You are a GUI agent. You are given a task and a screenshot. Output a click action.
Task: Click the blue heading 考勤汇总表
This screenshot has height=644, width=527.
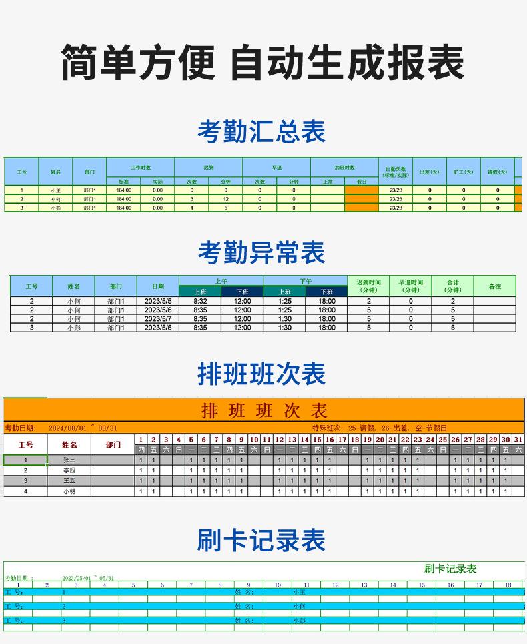pyautogui.click(x=261, y=131)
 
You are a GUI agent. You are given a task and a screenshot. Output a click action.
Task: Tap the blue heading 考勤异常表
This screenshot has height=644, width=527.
pyautogui.click(x=261, y=252)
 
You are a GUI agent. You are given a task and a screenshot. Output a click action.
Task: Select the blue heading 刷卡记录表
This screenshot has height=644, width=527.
pyautogui.click(x=261, y=540)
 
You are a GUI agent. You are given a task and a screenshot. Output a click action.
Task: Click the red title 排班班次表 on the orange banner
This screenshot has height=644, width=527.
pyautogui.click(x=264, y=410)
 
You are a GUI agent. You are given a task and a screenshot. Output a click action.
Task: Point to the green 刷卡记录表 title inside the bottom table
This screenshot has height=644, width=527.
pyautogui.click(x=450, y=569)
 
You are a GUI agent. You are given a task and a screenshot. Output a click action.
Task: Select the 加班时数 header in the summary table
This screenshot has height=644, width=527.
pyautogui.click(x=344, y=168)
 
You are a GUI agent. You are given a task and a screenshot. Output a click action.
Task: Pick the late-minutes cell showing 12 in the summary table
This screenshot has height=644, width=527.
pyautogui.click(x=225, y=199)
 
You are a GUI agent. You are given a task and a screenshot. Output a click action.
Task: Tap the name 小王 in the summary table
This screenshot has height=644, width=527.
pyautogui.click(x=55, y=190)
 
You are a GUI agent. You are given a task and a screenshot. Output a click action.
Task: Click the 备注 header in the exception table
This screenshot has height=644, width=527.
pyautogui.click(x=494, y=286)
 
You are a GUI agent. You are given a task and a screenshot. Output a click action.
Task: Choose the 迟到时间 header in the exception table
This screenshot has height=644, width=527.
pyautogui.click(x=368, y=286)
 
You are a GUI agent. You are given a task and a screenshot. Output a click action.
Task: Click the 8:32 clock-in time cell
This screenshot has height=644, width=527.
pyautogui.click(x=200, y=301)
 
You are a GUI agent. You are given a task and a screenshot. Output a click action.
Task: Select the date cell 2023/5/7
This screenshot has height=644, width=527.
pyautogui.click(x=158, y=319)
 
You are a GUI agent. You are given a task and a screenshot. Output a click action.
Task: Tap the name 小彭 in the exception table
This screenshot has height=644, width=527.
pyautogui.click(x=73, y=328)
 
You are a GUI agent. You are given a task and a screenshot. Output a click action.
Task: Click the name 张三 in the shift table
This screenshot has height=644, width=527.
pyautogui.click(x=69, y=460)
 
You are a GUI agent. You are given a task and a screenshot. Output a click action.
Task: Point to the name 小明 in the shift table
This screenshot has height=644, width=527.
pyautogui.click(x=69, y=491)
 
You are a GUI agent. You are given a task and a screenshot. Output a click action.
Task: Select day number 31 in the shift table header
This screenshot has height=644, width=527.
pyautogui.click(x=518, y=440)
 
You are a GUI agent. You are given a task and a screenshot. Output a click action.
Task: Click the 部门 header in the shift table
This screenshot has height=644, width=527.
pyautogui.click(x=113, y=444)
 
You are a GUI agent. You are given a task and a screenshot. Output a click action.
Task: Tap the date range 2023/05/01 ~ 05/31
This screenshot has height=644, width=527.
pyautogui.click(x=88, y=578)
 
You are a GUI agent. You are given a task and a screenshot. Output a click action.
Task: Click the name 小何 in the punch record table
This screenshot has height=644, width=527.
pyautogui.click(x=299, y=607)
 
